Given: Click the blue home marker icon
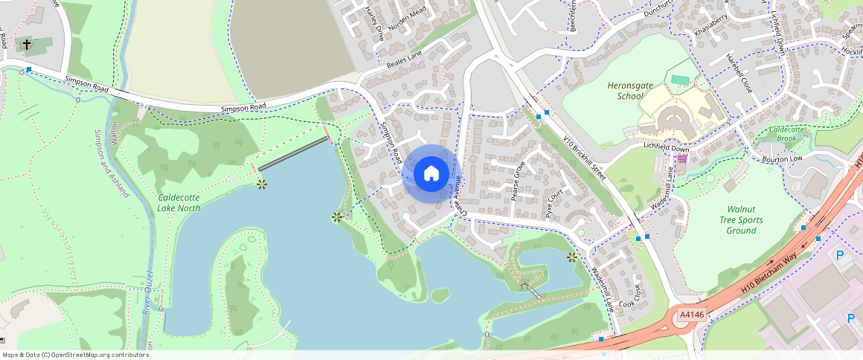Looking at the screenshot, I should (x=431, y=174).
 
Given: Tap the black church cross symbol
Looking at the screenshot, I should (x=27, y=45).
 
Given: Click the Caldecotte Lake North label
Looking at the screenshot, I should (x=179, y=202).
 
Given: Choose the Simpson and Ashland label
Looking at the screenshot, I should (x=112, y=164).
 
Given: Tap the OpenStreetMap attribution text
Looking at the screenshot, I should (x=75, y=355).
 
